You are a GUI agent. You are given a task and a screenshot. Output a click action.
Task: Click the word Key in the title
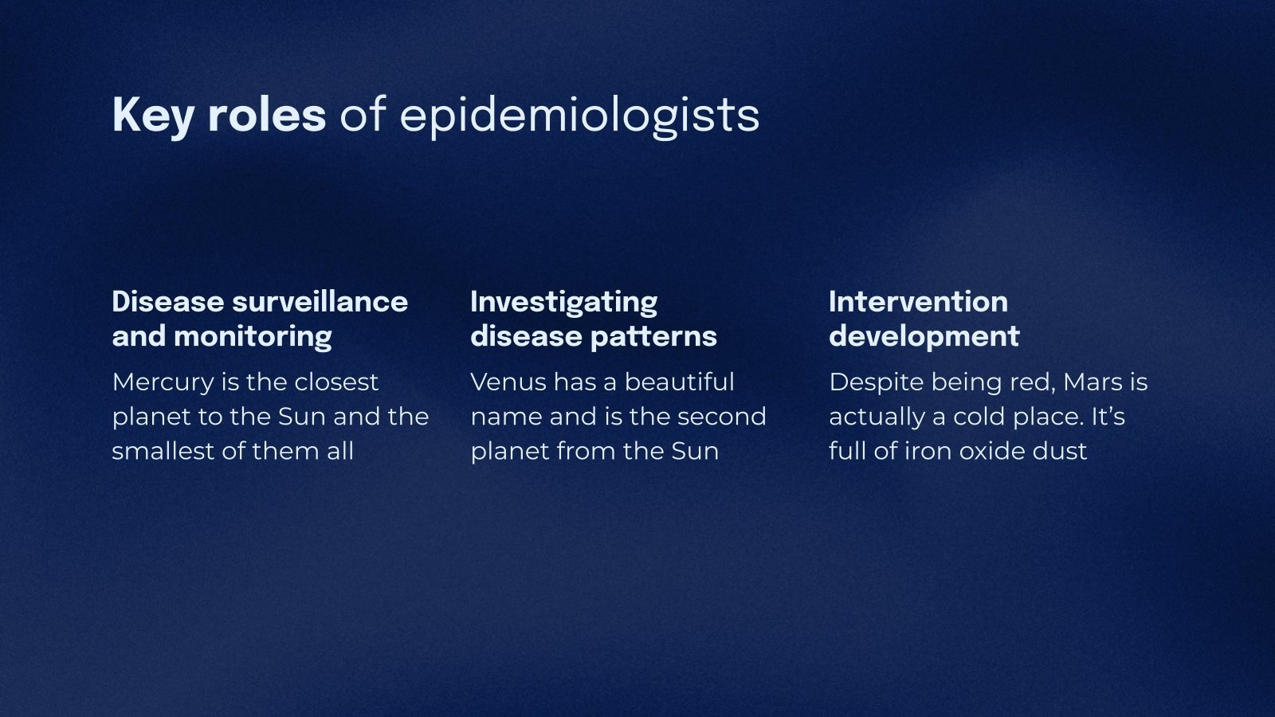tap(152, 115)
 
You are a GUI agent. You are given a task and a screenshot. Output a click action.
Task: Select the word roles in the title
tap(267, 115)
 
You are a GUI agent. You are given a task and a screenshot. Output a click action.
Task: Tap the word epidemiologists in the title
tap(579, 116)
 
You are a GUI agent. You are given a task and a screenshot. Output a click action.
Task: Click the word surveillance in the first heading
tap(320, 302)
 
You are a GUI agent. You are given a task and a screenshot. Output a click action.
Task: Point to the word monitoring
tap(253, 337)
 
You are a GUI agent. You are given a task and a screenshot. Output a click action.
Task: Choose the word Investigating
tap(564, 303)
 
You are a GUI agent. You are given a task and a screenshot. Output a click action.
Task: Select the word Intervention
tap(918, 302)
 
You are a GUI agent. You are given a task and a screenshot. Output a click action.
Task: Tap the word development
tap(924, 336)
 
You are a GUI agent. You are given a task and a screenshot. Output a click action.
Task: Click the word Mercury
tap(163, 382)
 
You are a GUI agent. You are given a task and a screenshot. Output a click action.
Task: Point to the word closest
tap(336, 382)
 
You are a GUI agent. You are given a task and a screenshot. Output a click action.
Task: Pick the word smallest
tap(163, 451)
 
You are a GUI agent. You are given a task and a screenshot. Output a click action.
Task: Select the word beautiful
tap(679, 382)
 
